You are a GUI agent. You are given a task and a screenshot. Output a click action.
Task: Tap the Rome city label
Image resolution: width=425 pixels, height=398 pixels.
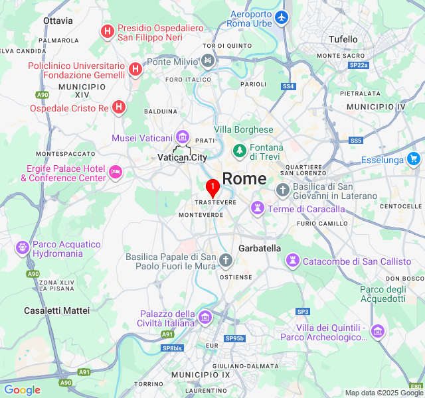(244, 178)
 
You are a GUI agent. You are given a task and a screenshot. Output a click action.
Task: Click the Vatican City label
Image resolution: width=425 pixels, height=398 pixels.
(183, 157)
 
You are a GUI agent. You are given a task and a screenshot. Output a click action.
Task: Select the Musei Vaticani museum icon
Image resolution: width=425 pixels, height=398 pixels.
(182, 137)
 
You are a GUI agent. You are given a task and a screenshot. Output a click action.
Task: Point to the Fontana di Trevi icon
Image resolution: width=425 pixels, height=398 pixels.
(239, 151)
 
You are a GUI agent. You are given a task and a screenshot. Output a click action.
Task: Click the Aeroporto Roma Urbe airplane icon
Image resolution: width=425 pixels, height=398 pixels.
(282, 17)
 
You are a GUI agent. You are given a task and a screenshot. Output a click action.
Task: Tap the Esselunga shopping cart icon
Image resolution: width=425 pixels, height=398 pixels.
(414, 159)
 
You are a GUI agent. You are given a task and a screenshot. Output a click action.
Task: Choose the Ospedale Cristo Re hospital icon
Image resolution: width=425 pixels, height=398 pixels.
(118, 107)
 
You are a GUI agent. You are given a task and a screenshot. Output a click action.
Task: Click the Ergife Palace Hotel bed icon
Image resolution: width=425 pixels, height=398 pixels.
(116, 172)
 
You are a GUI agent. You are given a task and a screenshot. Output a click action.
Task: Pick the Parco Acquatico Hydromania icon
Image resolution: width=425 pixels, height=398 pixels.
(23, 248)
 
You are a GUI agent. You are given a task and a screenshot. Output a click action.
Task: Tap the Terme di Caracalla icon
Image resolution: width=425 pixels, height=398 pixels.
(257, 209)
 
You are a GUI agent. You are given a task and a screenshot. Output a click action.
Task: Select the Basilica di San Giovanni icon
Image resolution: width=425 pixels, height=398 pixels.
(282, 190)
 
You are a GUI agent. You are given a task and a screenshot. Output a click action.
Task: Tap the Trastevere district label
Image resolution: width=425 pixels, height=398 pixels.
(215, 202)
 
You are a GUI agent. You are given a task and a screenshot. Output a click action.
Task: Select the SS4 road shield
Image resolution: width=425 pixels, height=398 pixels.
(288, 86)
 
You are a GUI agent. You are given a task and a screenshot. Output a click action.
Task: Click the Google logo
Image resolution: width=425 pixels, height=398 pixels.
(22, 390)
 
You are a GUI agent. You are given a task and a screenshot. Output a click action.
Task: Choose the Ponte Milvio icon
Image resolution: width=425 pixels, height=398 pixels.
(208, 62)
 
